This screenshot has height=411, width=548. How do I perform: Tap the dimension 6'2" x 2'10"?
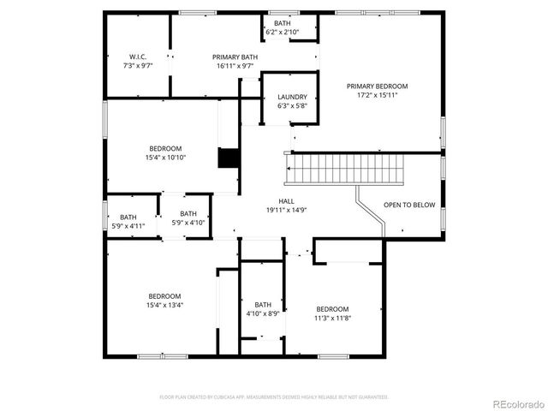point(283,32)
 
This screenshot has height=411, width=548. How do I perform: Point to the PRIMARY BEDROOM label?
point(377,86)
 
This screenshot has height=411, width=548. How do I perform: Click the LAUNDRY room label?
point(291,98)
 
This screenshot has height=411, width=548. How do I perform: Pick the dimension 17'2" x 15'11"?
point(377,95)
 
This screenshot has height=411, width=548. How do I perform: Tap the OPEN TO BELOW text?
point(409,205)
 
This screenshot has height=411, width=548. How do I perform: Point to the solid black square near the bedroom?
point(229,159)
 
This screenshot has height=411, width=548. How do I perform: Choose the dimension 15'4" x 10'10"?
point(165,158)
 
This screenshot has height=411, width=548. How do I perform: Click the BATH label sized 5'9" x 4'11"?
point(128,217)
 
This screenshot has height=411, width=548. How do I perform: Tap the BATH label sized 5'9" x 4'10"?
point(188,214)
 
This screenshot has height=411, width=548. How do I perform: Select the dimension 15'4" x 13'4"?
point(165,305)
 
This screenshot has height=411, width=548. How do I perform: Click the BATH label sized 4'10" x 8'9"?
point(263,305)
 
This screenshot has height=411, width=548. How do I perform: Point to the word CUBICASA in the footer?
point(221,397)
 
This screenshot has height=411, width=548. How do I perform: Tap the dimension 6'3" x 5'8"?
point(291,106)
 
